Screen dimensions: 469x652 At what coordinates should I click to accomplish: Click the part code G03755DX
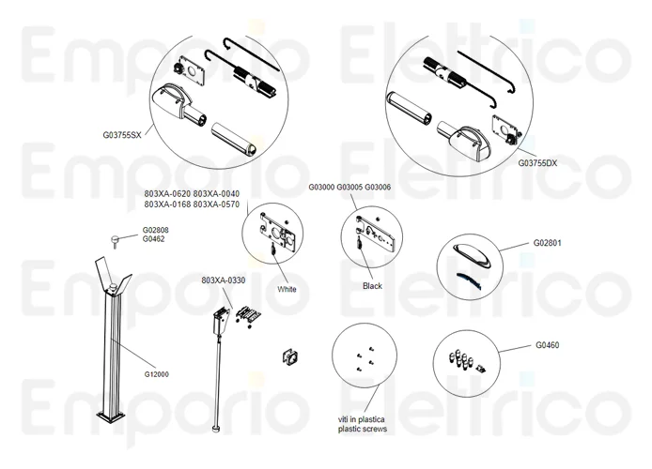(x=537, y=162)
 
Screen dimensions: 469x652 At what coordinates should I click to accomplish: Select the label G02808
(x=156, y=230)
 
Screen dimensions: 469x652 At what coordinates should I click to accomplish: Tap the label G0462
(x=153, y=239)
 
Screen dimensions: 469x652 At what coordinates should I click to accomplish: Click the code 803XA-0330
(x=223, y=280)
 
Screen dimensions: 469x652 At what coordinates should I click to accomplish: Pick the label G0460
(x=548, y=344)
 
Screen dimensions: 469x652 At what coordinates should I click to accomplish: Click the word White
(x=287, y=289)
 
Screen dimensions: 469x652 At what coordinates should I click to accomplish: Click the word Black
(x=372, y=285)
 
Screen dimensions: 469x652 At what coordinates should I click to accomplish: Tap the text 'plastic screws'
(x=363, y=429)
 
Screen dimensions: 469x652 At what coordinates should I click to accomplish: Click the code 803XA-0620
(x=167, y=193)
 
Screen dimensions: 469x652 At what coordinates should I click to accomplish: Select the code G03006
(x=378, y=187)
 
